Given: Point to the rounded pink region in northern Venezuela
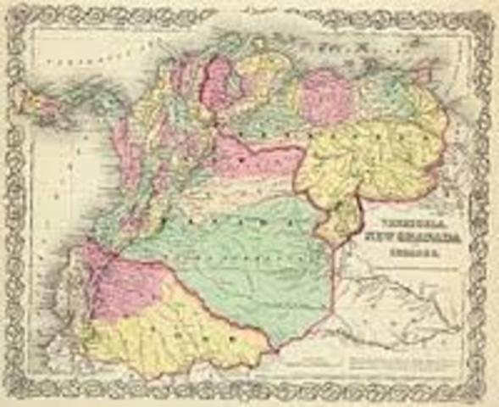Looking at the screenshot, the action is (326, 96).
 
